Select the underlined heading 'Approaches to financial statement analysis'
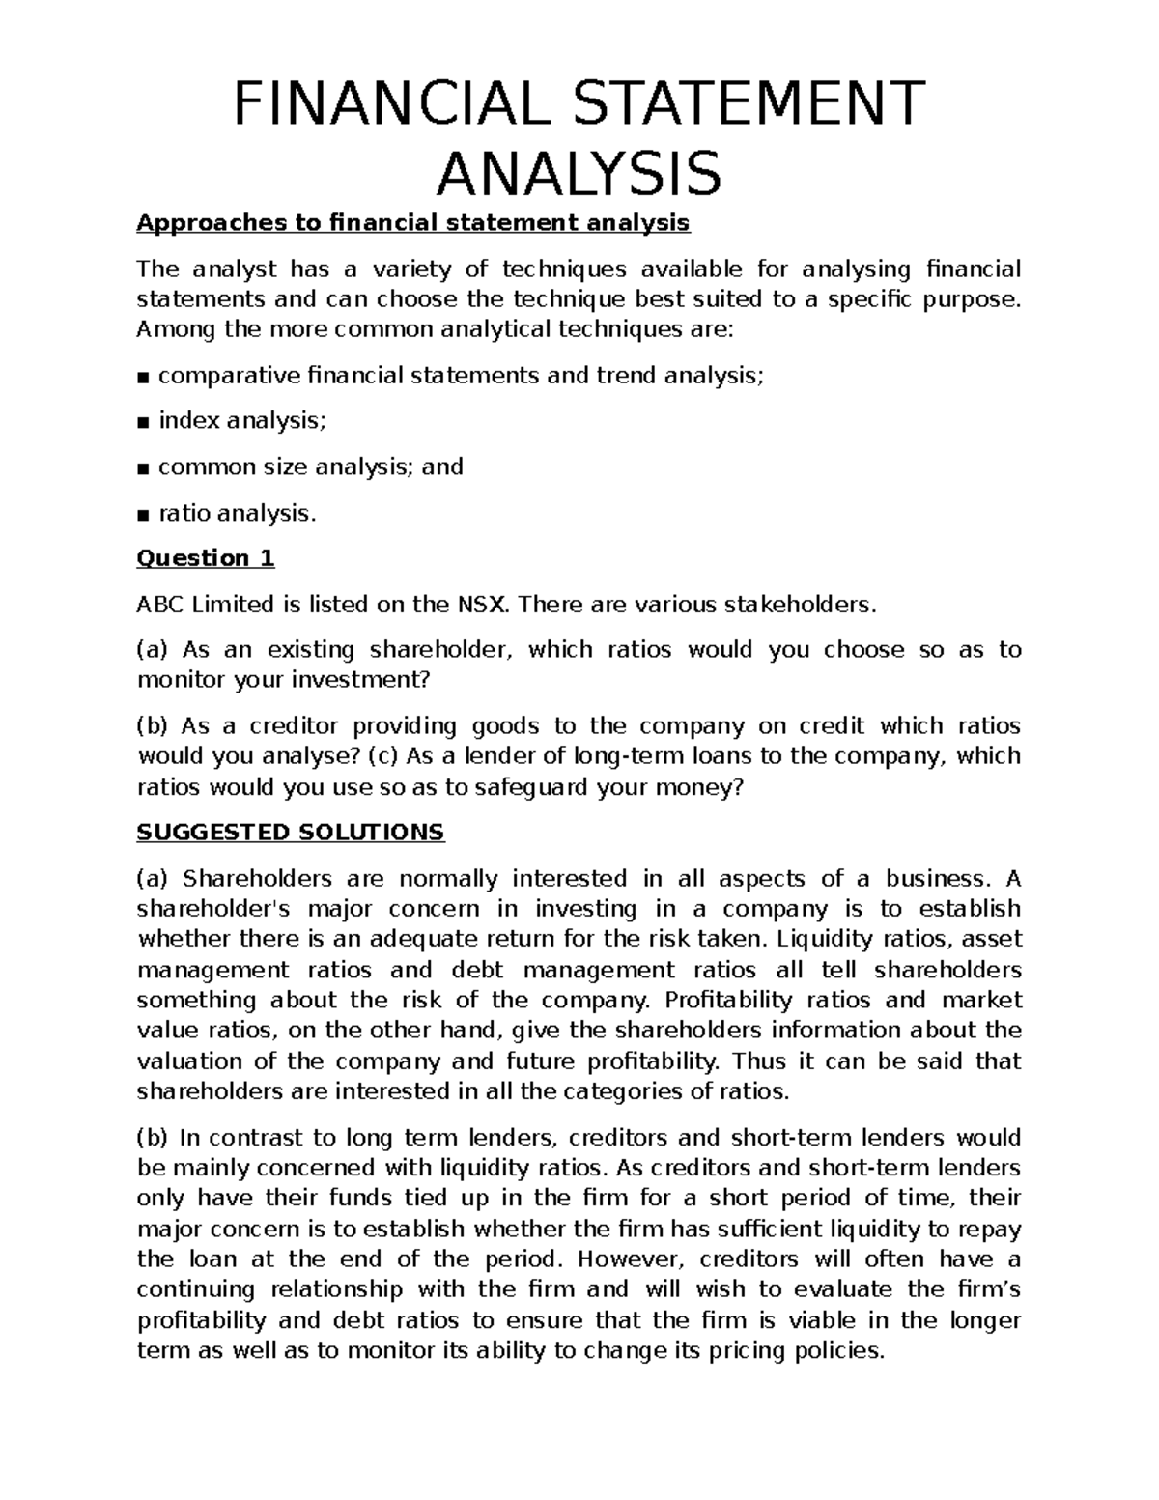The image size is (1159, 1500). [x=413, y=223]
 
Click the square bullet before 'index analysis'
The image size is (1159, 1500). [x=143, y=422]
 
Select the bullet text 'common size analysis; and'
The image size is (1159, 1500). [x=310, y=467]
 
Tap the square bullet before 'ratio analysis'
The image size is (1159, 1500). [x=143, y=514]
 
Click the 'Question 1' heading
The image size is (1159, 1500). [x=206, y=558]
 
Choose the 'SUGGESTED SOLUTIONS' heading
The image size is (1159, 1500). [x=291, y=833]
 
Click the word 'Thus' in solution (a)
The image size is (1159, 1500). [x=756, y=1061]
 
